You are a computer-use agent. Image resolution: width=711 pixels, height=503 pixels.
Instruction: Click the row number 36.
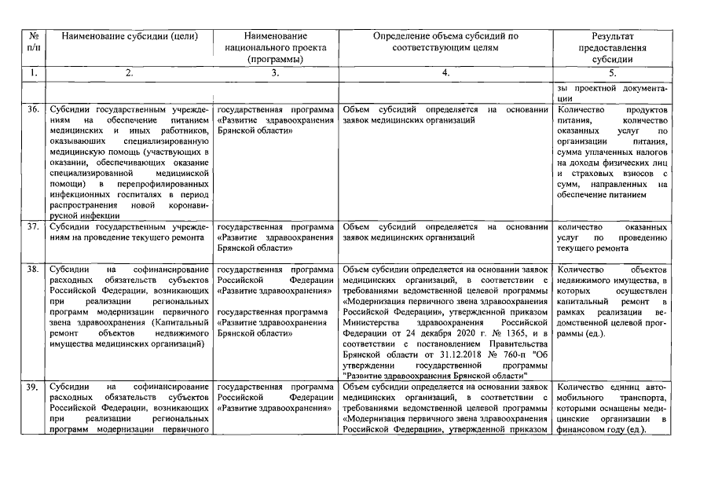33,109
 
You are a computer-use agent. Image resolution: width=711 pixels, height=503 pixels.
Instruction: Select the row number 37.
33,226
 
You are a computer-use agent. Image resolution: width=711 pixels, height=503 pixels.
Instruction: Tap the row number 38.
33,269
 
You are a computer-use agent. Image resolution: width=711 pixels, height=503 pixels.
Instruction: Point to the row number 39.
33,387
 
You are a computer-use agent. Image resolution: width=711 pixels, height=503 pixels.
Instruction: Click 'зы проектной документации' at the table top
612,93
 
